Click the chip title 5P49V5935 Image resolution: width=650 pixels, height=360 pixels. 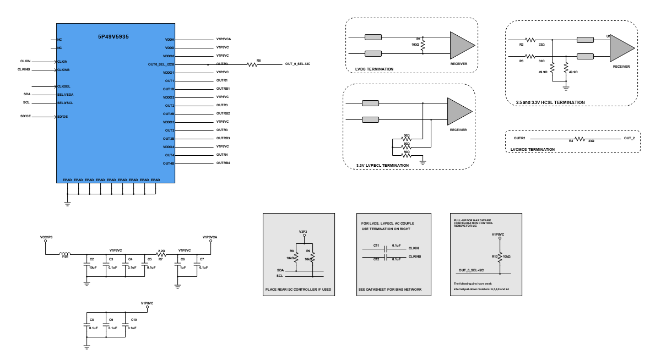click(113, 36)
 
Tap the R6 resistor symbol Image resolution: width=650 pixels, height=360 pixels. click(252, 64)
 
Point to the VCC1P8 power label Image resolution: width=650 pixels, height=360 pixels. click(47, 237)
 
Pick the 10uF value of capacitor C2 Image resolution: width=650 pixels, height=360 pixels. click(93, 267)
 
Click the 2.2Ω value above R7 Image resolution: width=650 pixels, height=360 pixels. click(161, 250)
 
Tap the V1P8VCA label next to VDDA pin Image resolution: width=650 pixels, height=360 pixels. click(224, 40)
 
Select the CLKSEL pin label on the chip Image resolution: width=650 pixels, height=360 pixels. click(63, 86)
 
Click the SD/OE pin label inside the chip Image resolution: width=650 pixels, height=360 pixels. click(62, 117)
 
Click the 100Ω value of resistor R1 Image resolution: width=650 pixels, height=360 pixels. click(415, 44)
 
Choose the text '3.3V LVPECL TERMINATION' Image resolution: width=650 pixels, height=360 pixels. click(382, 165)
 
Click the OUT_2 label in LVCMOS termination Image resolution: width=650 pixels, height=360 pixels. click(629, 138)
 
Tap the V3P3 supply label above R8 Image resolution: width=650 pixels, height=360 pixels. click(302, 231)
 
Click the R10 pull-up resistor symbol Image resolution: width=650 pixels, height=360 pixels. click(500, 257)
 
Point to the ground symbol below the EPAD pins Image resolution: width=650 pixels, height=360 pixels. click(67, 203)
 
